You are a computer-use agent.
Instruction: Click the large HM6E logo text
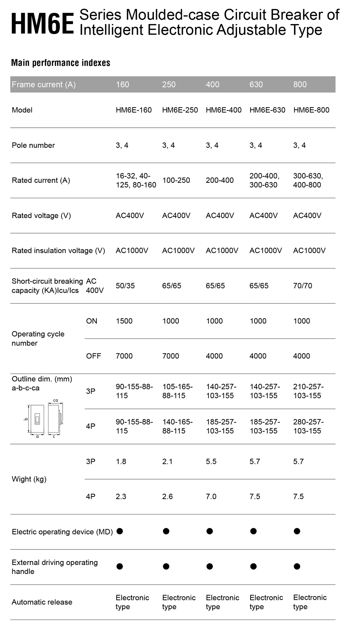pos(42,24)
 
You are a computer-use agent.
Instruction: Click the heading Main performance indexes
pos(60,63)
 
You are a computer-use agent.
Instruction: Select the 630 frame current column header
pos(256,85)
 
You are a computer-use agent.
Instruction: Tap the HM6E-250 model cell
pos(180,110)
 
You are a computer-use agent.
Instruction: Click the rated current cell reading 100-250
pos(176,180)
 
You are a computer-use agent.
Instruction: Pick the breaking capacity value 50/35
pos(125,286)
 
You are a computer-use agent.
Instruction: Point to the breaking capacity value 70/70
pos(302,286)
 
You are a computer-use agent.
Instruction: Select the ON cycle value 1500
pos(124,321)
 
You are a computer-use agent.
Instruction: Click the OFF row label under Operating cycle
pos(93,356)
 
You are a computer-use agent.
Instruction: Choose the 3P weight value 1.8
pos(121,462)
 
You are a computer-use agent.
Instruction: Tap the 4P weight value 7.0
pos(211,497)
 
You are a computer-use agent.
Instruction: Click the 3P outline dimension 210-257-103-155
pos(308,391)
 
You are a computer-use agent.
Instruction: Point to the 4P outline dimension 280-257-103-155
pos(308,426)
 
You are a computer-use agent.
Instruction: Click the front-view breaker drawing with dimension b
pos(37,419)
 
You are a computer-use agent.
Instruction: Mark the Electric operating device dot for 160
pos(120,531)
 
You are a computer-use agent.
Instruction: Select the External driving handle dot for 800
pos(297,566)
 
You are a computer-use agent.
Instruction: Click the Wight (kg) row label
pos(29,479)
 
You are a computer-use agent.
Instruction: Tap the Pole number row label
pos(33,145)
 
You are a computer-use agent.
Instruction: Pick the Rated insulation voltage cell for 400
pos(222,250)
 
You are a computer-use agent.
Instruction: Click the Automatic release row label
pos(42,602)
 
